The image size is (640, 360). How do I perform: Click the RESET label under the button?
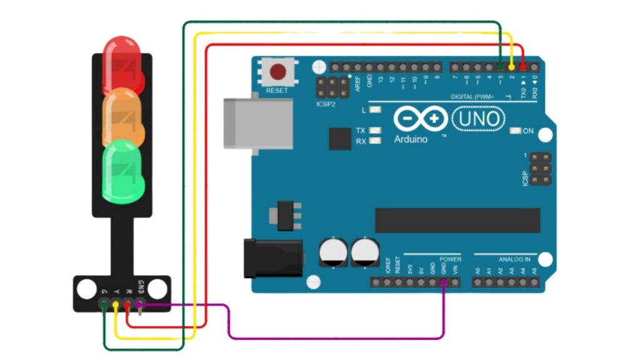pyautogui.click(x=277, y=91)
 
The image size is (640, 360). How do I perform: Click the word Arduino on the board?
pyautogui.click(x=411, y=139)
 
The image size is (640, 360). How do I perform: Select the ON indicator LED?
pyautogui.click(x=516, y=131)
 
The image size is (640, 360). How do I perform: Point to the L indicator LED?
pyautogui.click(x=375, y=111)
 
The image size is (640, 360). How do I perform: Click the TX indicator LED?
pyautogui.click(x=375, y=131)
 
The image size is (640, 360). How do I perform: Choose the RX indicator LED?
pyautogui.click(x=375, y=141)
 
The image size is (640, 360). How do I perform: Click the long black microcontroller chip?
pyautogui.click(x=457, y=220)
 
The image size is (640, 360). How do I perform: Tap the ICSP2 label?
pyautogui.click(x=326, y=104)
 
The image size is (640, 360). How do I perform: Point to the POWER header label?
pyautogui.click(x=450, y=259)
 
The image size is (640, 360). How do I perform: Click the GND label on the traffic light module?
pyautogui.click(x=141, y=285)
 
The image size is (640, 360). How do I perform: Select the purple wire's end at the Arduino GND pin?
pyautogui.click(x=444, y=283)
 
